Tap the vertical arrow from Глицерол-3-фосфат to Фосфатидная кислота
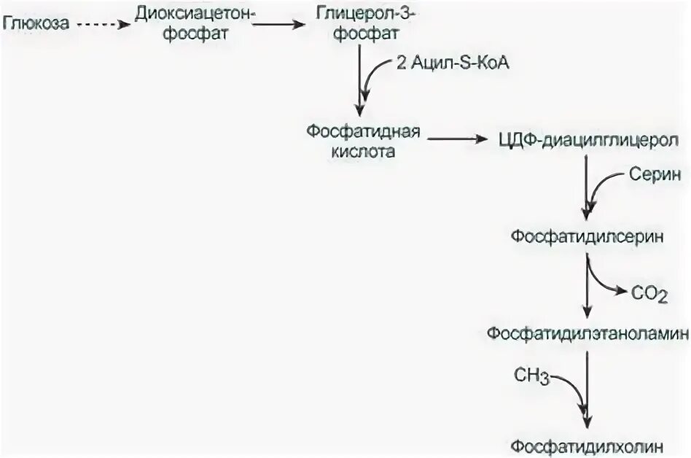[x=359, y=80]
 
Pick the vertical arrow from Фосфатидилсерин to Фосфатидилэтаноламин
[x=587, y=284]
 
